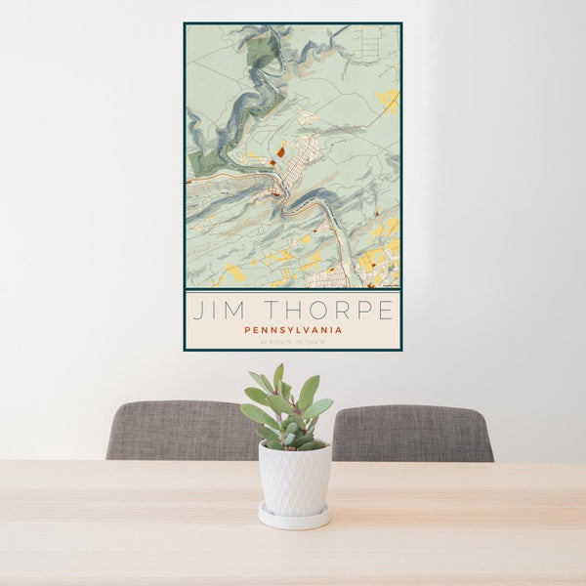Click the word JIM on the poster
click(216, 311)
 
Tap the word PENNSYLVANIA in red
click(293, 330)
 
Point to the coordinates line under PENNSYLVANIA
click(293, 342)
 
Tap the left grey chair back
click(181, 430)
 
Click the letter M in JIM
click(231, 311)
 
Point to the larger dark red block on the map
click(280, 151)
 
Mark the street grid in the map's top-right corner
click(370, 39)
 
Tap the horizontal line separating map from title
click(293, 290)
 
